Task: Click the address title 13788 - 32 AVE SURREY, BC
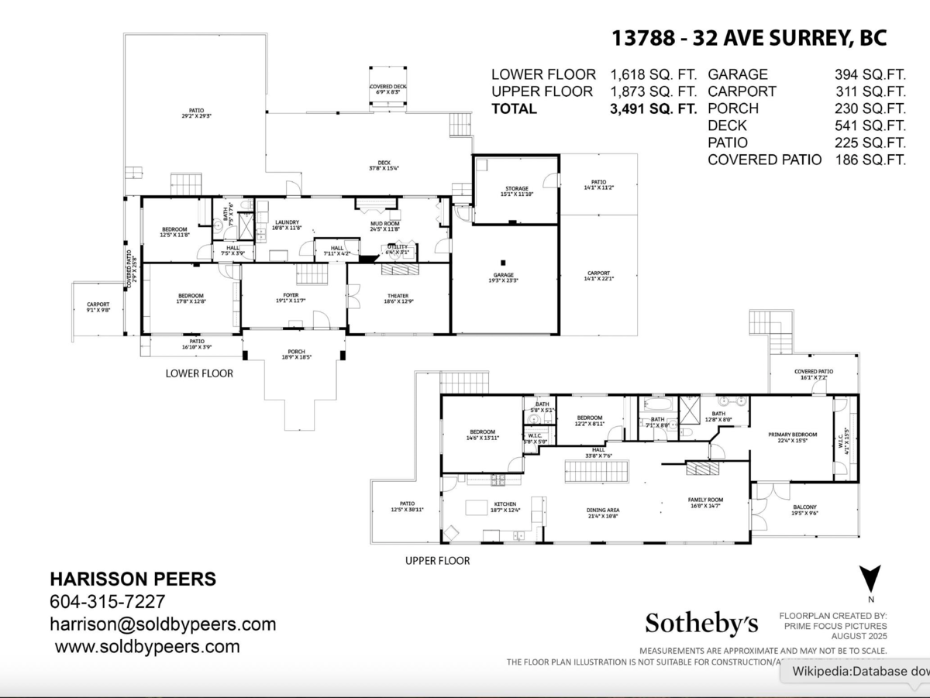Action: click(749, 38)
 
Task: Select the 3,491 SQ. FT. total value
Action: click(653, 108)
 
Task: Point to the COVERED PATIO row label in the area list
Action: click(764, 160)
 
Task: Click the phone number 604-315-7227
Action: click(107, 602)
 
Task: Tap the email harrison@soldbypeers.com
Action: click(163, 624)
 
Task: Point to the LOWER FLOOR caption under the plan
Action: click(199, 373)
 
